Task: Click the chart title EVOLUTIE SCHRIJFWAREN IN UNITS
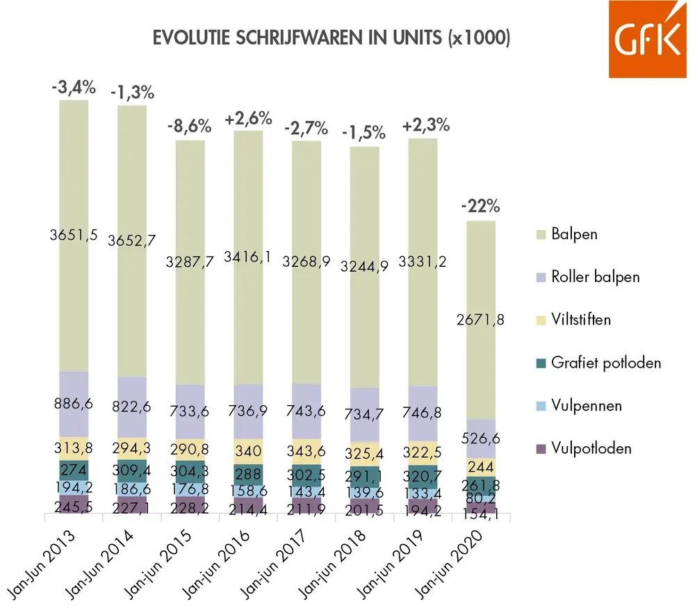(x=332, y=39)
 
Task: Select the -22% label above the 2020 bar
(x=481, y=207)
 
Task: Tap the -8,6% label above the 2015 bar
(x=189, y=127)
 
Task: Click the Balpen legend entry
(x=573, y=234)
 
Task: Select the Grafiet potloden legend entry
(x=605, y=362)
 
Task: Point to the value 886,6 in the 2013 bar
(x=74, y=404)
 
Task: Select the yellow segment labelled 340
(x=249, y=450)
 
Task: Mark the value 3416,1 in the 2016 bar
(x=249, y=259)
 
